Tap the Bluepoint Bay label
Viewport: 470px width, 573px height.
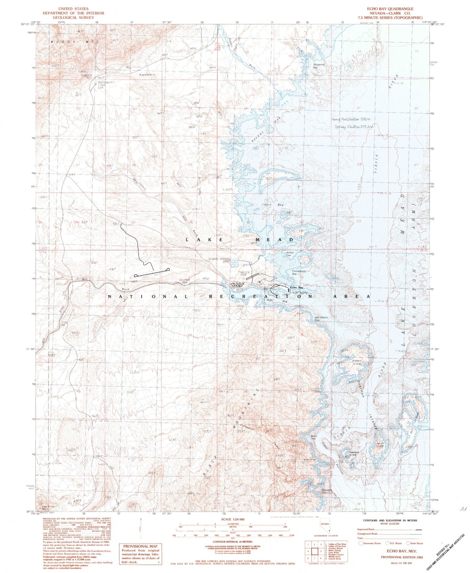(x=319, y=66)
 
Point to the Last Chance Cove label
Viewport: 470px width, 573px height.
(x=321, y=319)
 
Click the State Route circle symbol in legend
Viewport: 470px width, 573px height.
(x=409, y=543)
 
